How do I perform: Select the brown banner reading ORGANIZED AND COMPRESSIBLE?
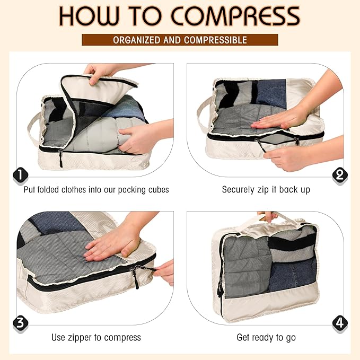180,40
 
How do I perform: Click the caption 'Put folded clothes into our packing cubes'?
96,189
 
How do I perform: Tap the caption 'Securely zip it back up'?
266,189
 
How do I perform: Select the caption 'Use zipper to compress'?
96,337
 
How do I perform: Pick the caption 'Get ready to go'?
266,337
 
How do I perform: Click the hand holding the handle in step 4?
267,216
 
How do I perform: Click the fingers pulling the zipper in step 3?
165,271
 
